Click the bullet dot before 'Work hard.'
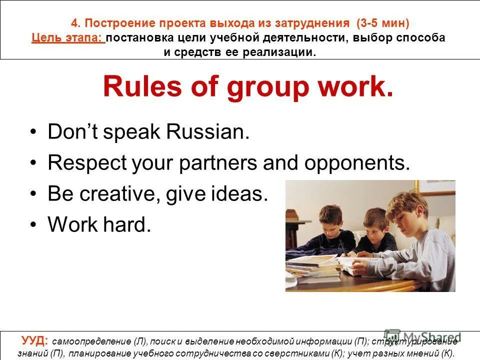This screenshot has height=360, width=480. [x=33, y=225]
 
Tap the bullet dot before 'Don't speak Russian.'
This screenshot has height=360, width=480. [x=33, y=133]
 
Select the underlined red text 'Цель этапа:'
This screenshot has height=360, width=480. [x=67, y=38]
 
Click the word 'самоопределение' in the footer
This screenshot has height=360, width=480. [x=92, y=342]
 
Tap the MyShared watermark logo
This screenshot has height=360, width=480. [x=422, y=336]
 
